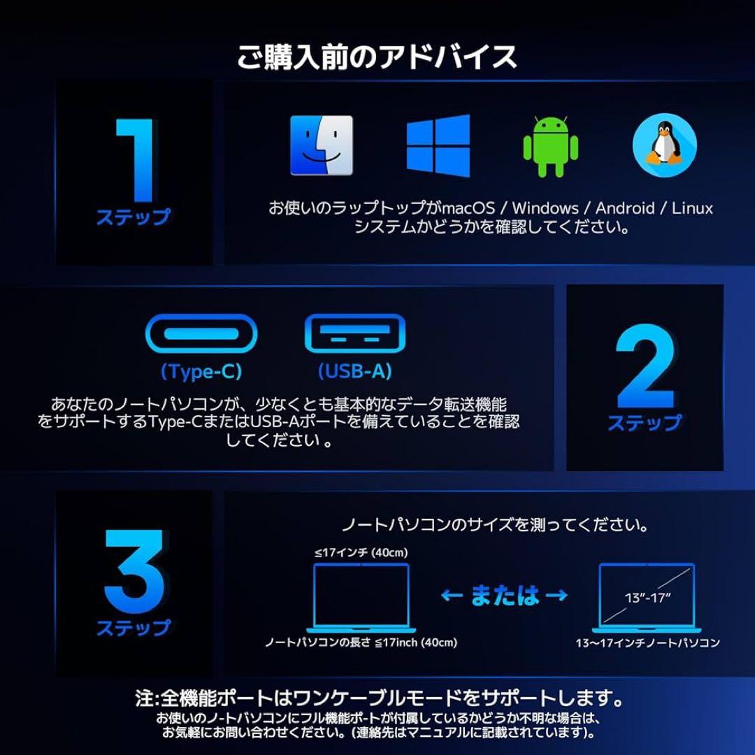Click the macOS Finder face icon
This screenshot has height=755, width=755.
tap(322, 145)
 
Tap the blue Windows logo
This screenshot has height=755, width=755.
tap(438, 145)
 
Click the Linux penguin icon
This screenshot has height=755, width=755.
tap(664, 145)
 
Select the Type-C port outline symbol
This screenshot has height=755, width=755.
tap(201, 334)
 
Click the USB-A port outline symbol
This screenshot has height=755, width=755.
tap(355, 334)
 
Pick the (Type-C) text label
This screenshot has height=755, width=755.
tap(201, 372)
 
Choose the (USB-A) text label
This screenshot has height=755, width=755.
tap(355, 372)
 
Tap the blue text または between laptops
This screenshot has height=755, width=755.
tap(505, 596)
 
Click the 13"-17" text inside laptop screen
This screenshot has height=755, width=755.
tap(647, 598)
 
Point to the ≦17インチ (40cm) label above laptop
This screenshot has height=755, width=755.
tap(361, 553)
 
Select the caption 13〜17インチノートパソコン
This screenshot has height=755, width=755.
tap(647, 643)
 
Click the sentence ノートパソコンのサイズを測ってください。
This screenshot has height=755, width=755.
tap(494, 524)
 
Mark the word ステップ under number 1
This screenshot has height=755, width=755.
tap(133, 217)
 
